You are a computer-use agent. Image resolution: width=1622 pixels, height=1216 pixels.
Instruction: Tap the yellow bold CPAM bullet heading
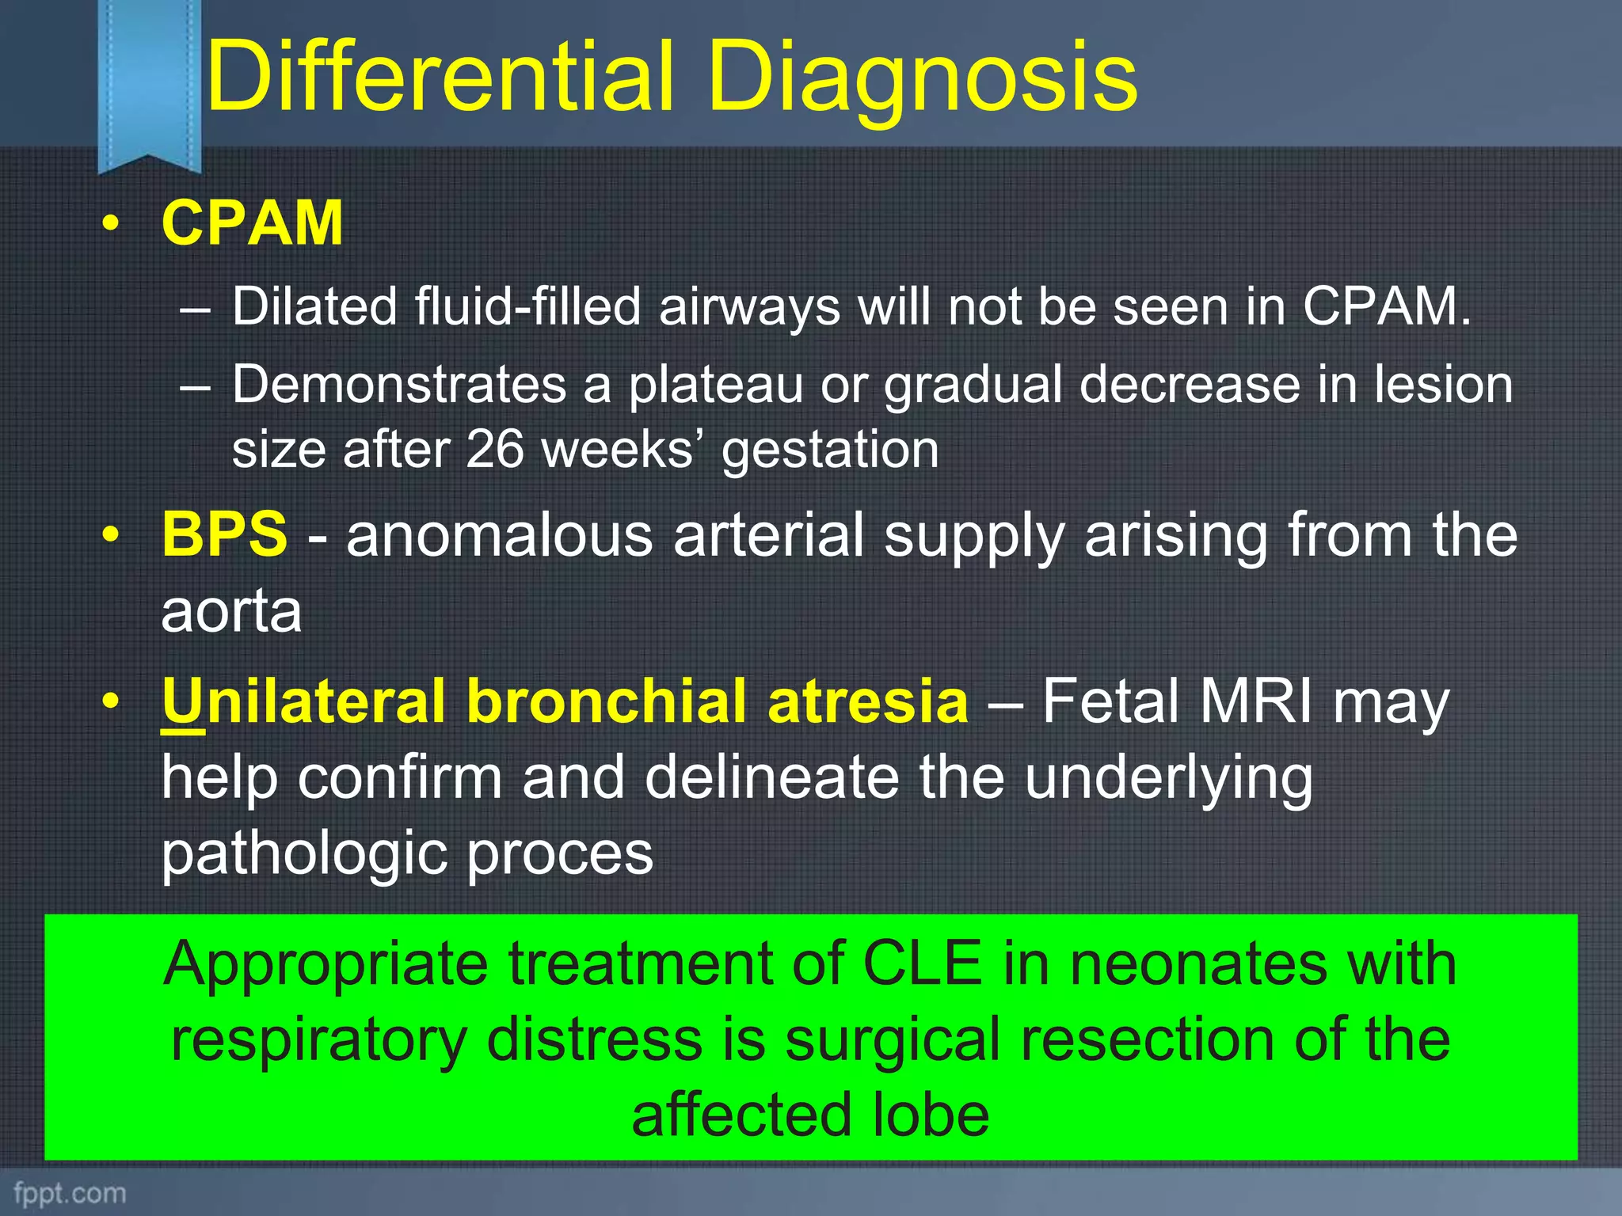point(252,224)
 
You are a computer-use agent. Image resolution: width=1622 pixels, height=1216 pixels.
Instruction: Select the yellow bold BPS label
point(224,534)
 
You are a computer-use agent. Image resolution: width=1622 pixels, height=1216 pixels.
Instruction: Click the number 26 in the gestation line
point(494,450)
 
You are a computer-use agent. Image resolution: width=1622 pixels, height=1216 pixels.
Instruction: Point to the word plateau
point(715,386)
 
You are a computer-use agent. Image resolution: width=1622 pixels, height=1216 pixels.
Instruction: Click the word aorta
point(231,611)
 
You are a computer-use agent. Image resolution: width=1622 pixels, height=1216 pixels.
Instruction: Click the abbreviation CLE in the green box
point(922,964)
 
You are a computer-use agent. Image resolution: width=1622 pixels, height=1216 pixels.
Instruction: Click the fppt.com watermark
point(70,1193)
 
